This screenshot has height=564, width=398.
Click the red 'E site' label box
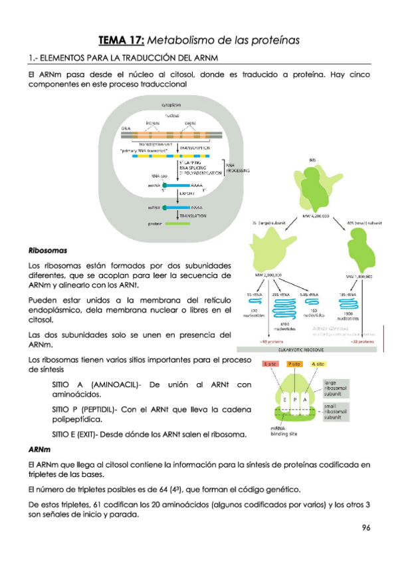tap(269, 365)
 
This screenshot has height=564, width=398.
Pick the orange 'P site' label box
tap(294, 365)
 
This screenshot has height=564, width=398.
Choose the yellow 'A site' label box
tap(318, 365)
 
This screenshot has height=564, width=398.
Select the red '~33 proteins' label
tap(358, 341)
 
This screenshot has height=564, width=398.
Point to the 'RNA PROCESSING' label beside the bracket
tap(236, 168)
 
